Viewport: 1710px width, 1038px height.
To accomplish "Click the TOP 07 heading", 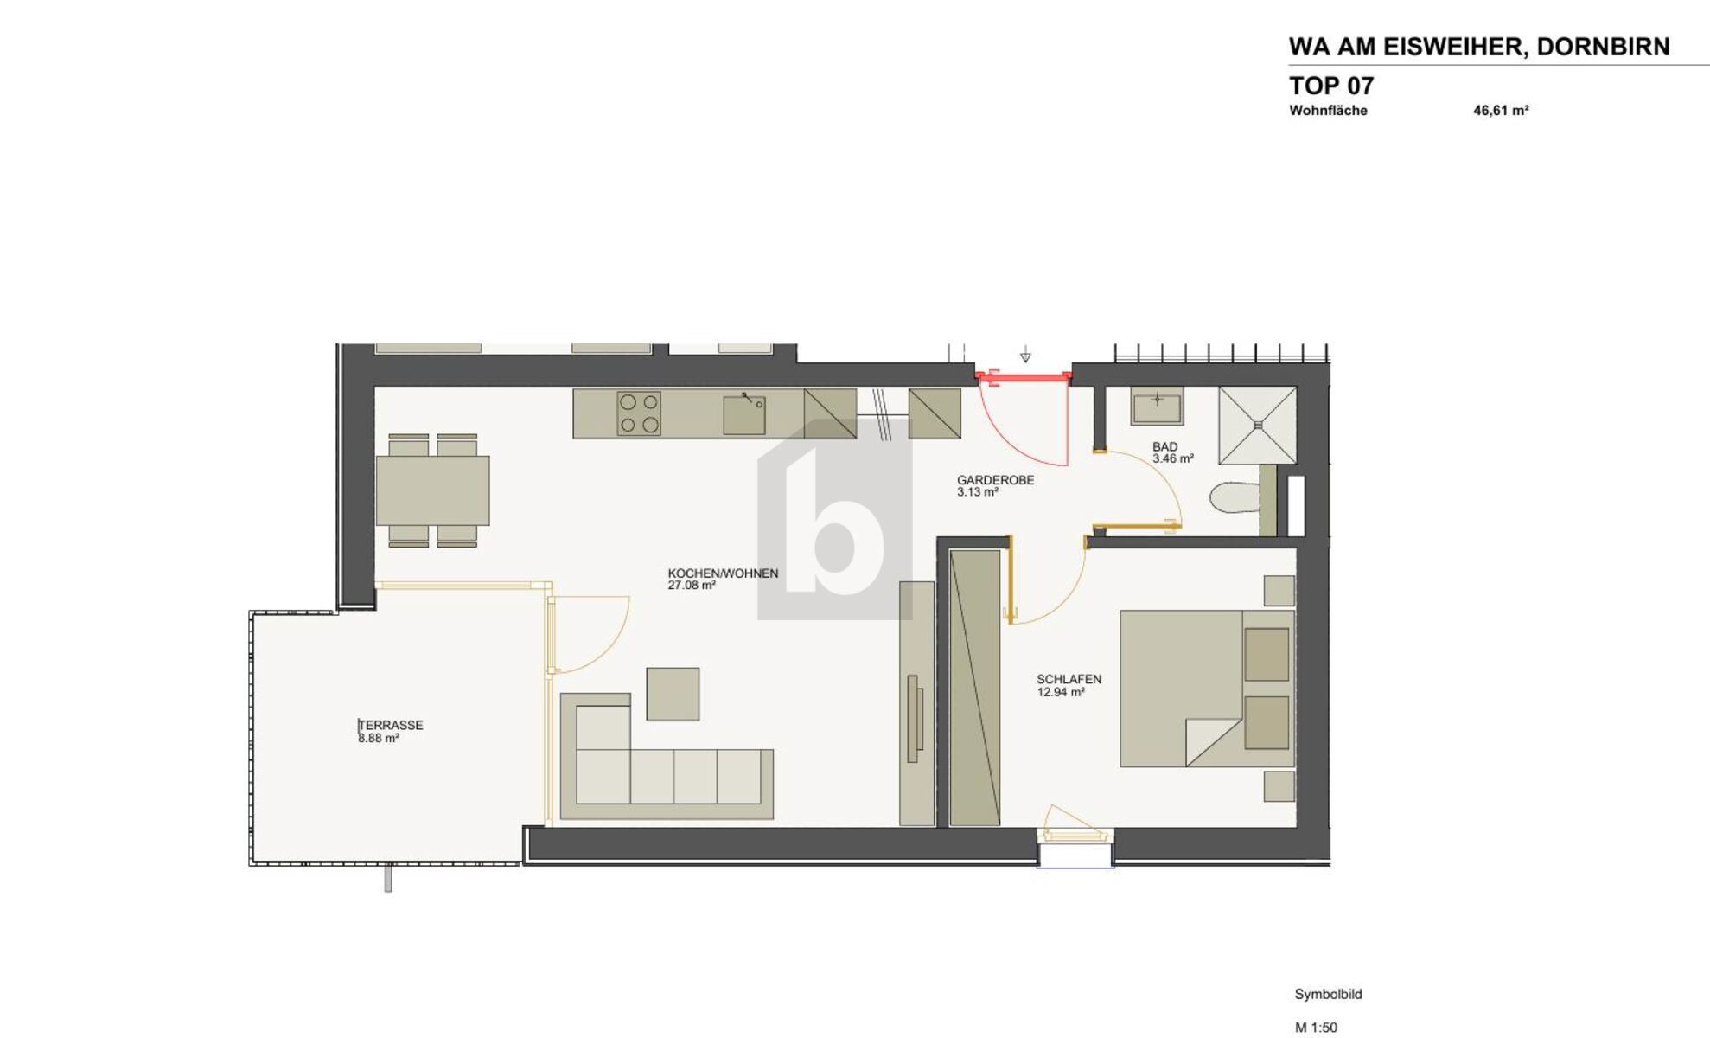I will pyautogui.click(x=1330, y=86).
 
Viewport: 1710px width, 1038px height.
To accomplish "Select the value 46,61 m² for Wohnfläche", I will pyautogui.click(x=1501, y=111).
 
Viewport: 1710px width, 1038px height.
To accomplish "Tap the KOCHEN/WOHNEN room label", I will pyautogui.click(x=723, y=573).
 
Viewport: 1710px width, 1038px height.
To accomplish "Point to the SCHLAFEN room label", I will pyautogui.click(x=1069, y=679).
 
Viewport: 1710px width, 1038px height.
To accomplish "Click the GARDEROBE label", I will pyautogui.click(x=995, y=480).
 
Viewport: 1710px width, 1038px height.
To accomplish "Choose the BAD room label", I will pyautogui.click(x=1164, y=447).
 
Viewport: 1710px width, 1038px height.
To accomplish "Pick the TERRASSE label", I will pyautogui.click(x=391, y=725).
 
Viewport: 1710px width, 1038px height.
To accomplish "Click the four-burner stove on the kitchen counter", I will pyautogui.click(x=639, y=413).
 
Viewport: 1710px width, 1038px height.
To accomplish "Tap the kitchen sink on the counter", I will pyautogui.click(x=743, y=414).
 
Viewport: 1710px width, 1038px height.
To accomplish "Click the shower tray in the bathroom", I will pyautogui.click(x=1258, y=426).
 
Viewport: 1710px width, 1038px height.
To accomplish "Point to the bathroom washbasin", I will pyautogui.click(x=1157, y=406).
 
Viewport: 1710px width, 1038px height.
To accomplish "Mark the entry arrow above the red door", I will pyautogui.click(x=1025, y=355).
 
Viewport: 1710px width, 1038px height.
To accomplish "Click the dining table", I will pyautogui.click(x=432, y=490).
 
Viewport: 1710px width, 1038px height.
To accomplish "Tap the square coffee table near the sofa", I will pyautogui.click(x=673, y=694).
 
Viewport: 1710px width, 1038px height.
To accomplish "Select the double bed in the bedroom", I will pyautogui.click(x=1207, y=689).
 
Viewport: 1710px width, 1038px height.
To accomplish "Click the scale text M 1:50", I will pyautogui.click(x=1316, y=1028).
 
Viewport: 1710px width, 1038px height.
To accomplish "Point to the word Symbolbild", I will pyautogui.click(x=1328, y=995).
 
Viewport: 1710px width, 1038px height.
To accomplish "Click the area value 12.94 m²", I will pyautogui.click(x=1061, y=692).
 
